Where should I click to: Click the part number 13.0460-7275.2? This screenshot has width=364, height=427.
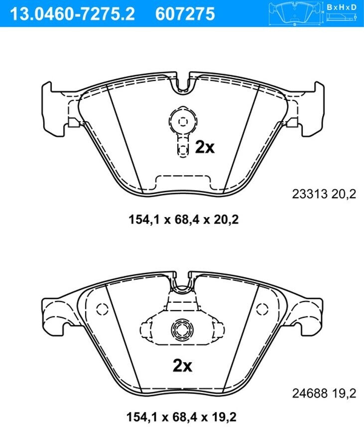tap(72, 14)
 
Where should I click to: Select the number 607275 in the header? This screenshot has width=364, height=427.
tap(185, 14)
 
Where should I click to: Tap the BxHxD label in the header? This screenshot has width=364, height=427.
tap(342, 7)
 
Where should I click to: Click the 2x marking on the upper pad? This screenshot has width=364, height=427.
tap(205, 147)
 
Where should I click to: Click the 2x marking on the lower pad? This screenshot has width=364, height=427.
tap(182, 366)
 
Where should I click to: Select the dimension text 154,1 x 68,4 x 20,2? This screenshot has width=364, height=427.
tap(184, 219)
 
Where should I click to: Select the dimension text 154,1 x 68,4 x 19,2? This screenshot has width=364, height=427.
tap(181, 417)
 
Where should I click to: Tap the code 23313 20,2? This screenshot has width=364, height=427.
tap(324, 194)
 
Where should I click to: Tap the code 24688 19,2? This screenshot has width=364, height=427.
tap(324, 394)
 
